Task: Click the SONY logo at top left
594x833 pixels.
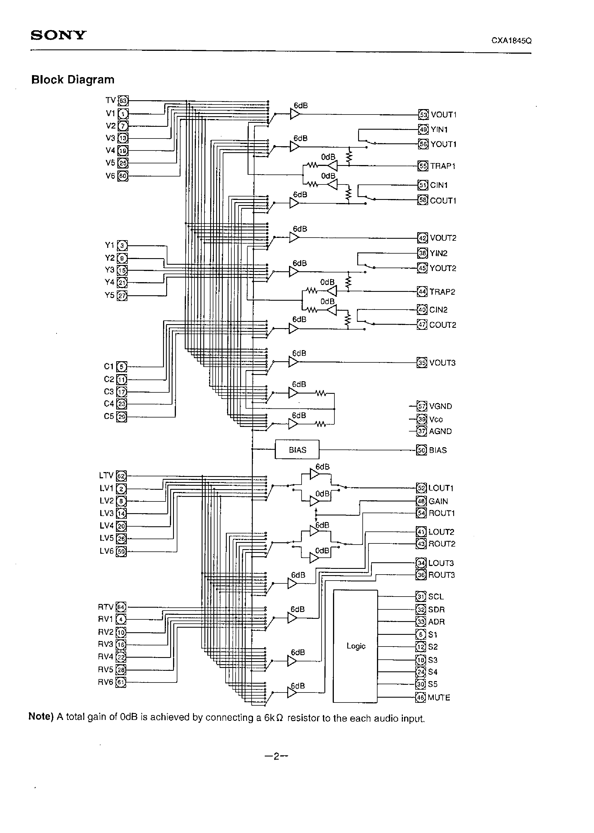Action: (59, 35)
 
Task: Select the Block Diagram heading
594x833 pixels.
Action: (73, 80)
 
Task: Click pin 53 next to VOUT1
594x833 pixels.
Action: (423, 115)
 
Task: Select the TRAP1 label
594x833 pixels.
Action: (443, 166)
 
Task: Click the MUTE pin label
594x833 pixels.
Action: (439, 697)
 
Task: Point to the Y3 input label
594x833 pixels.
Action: (110, 270)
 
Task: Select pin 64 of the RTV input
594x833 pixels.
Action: (121, 607)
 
